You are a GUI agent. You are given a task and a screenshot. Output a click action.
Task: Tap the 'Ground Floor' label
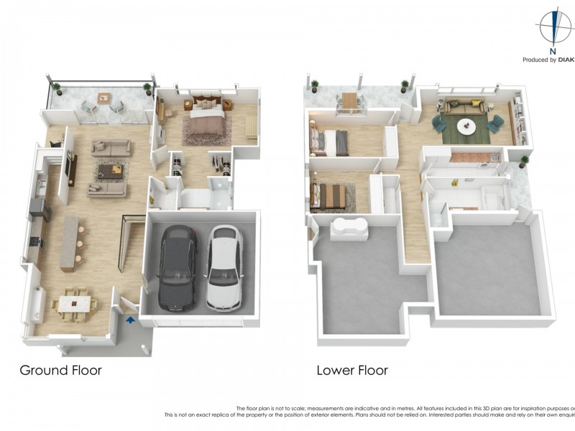[60, 371]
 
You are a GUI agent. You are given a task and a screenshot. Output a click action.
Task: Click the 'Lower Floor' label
[352, 371]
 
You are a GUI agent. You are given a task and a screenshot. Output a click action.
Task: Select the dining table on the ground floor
[73, 305]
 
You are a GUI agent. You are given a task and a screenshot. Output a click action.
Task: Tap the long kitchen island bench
[70, 244]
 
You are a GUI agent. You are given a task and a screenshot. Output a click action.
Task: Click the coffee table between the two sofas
[110, 170]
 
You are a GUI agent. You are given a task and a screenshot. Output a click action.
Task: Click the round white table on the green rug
[466, 126]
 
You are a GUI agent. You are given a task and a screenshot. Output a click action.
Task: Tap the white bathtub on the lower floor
[350, 228]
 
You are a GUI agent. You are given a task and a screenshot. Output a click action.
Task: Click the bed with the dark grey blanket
[330, 142]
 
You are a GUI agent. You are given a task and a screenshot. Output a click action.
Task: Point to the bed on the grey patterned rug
[329, 195]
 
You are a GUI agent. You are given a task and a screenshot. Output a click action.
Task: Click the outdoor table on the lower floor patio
[350, 101]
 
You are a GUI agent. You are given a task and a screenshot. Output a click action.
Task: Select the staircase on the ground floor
[132, 245]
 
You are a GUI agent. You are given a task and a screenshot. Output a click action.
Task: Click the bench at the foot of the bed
[249, 126]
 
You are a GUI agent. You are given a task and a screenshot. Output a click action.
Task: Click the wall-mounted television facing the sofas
[72, 170]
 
